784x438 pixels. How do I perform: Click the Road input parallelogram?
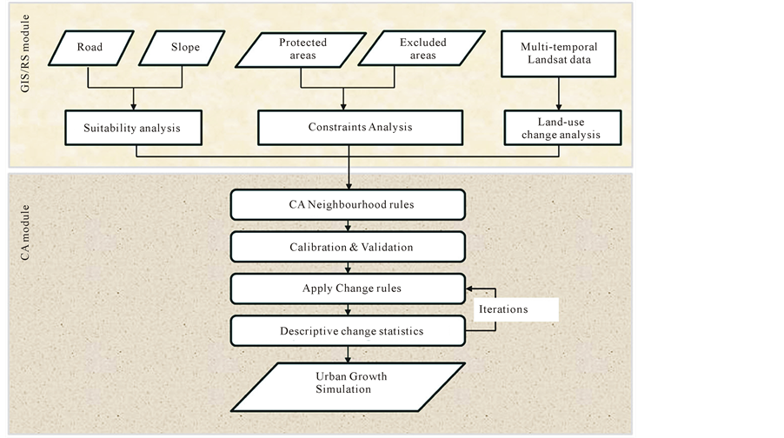(x=89, y=47)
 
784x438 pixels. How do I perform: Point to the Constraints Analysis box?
(x=359, y=128)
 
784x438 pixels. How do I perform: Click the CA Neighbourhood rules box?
(x=349, y=205)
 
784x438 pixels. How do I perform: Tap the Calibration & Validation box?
(x=349, y=247)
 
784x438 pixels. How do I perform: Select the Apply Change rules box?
(x=349, y=288)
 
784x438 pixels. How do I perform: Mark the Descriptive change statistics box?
(x=349, y=330)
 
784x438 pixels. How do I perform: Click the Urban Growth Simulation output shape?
(x=348, y=383)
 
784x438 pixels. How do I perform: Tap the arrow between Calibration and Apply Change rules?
(x=349, y=268)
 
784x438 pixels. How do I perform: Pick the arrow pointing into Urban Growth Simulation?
(x=349, y=355)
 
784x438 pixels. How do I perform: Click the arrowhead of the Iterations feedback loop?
(x=471, y=288)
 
